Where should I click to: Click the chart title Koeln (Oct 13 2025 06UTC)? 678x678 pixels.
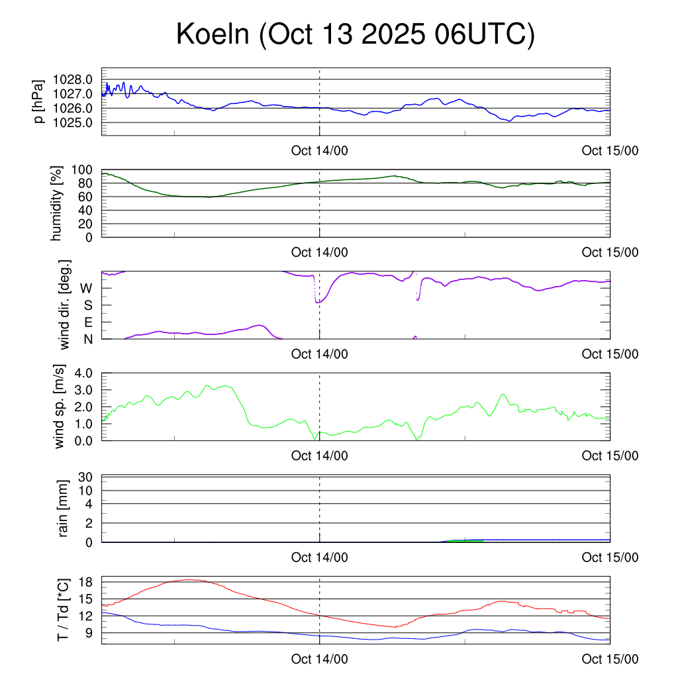(355, 34)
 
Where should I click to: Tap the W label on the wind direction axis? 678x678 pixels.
(86, 288)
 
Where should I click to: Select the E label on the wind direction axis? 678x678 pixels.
(87, 322)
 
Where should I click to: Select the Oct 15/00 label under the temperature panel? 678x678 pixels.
(610, 659)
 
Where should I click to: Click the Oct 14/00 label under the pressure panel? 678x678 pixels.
(319, 150)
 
